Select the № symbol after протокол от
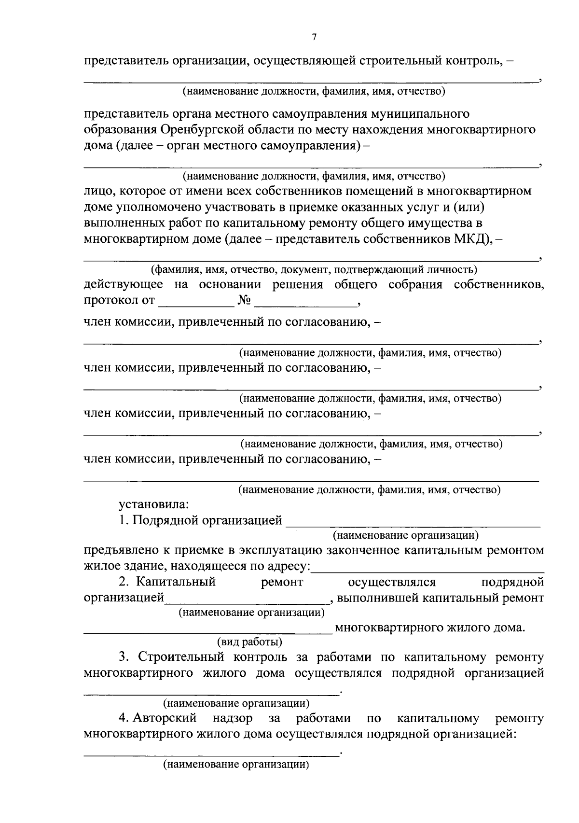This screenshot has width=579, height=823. (x=244, y=301)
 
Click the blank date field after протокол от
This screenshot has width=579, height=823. (x=195, y=302)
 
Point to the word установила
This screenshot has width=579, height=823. (x=154, y=505)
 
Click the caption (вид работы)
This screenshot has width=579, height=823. (x=249, y=642)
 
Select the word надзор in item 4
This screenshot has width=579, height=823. (x=233, y=718)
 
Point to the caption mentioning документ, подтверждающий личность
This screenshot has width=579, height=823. (x=314, y=269)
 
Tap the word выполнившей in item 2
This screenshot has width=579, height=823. (x=376, y=598)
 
